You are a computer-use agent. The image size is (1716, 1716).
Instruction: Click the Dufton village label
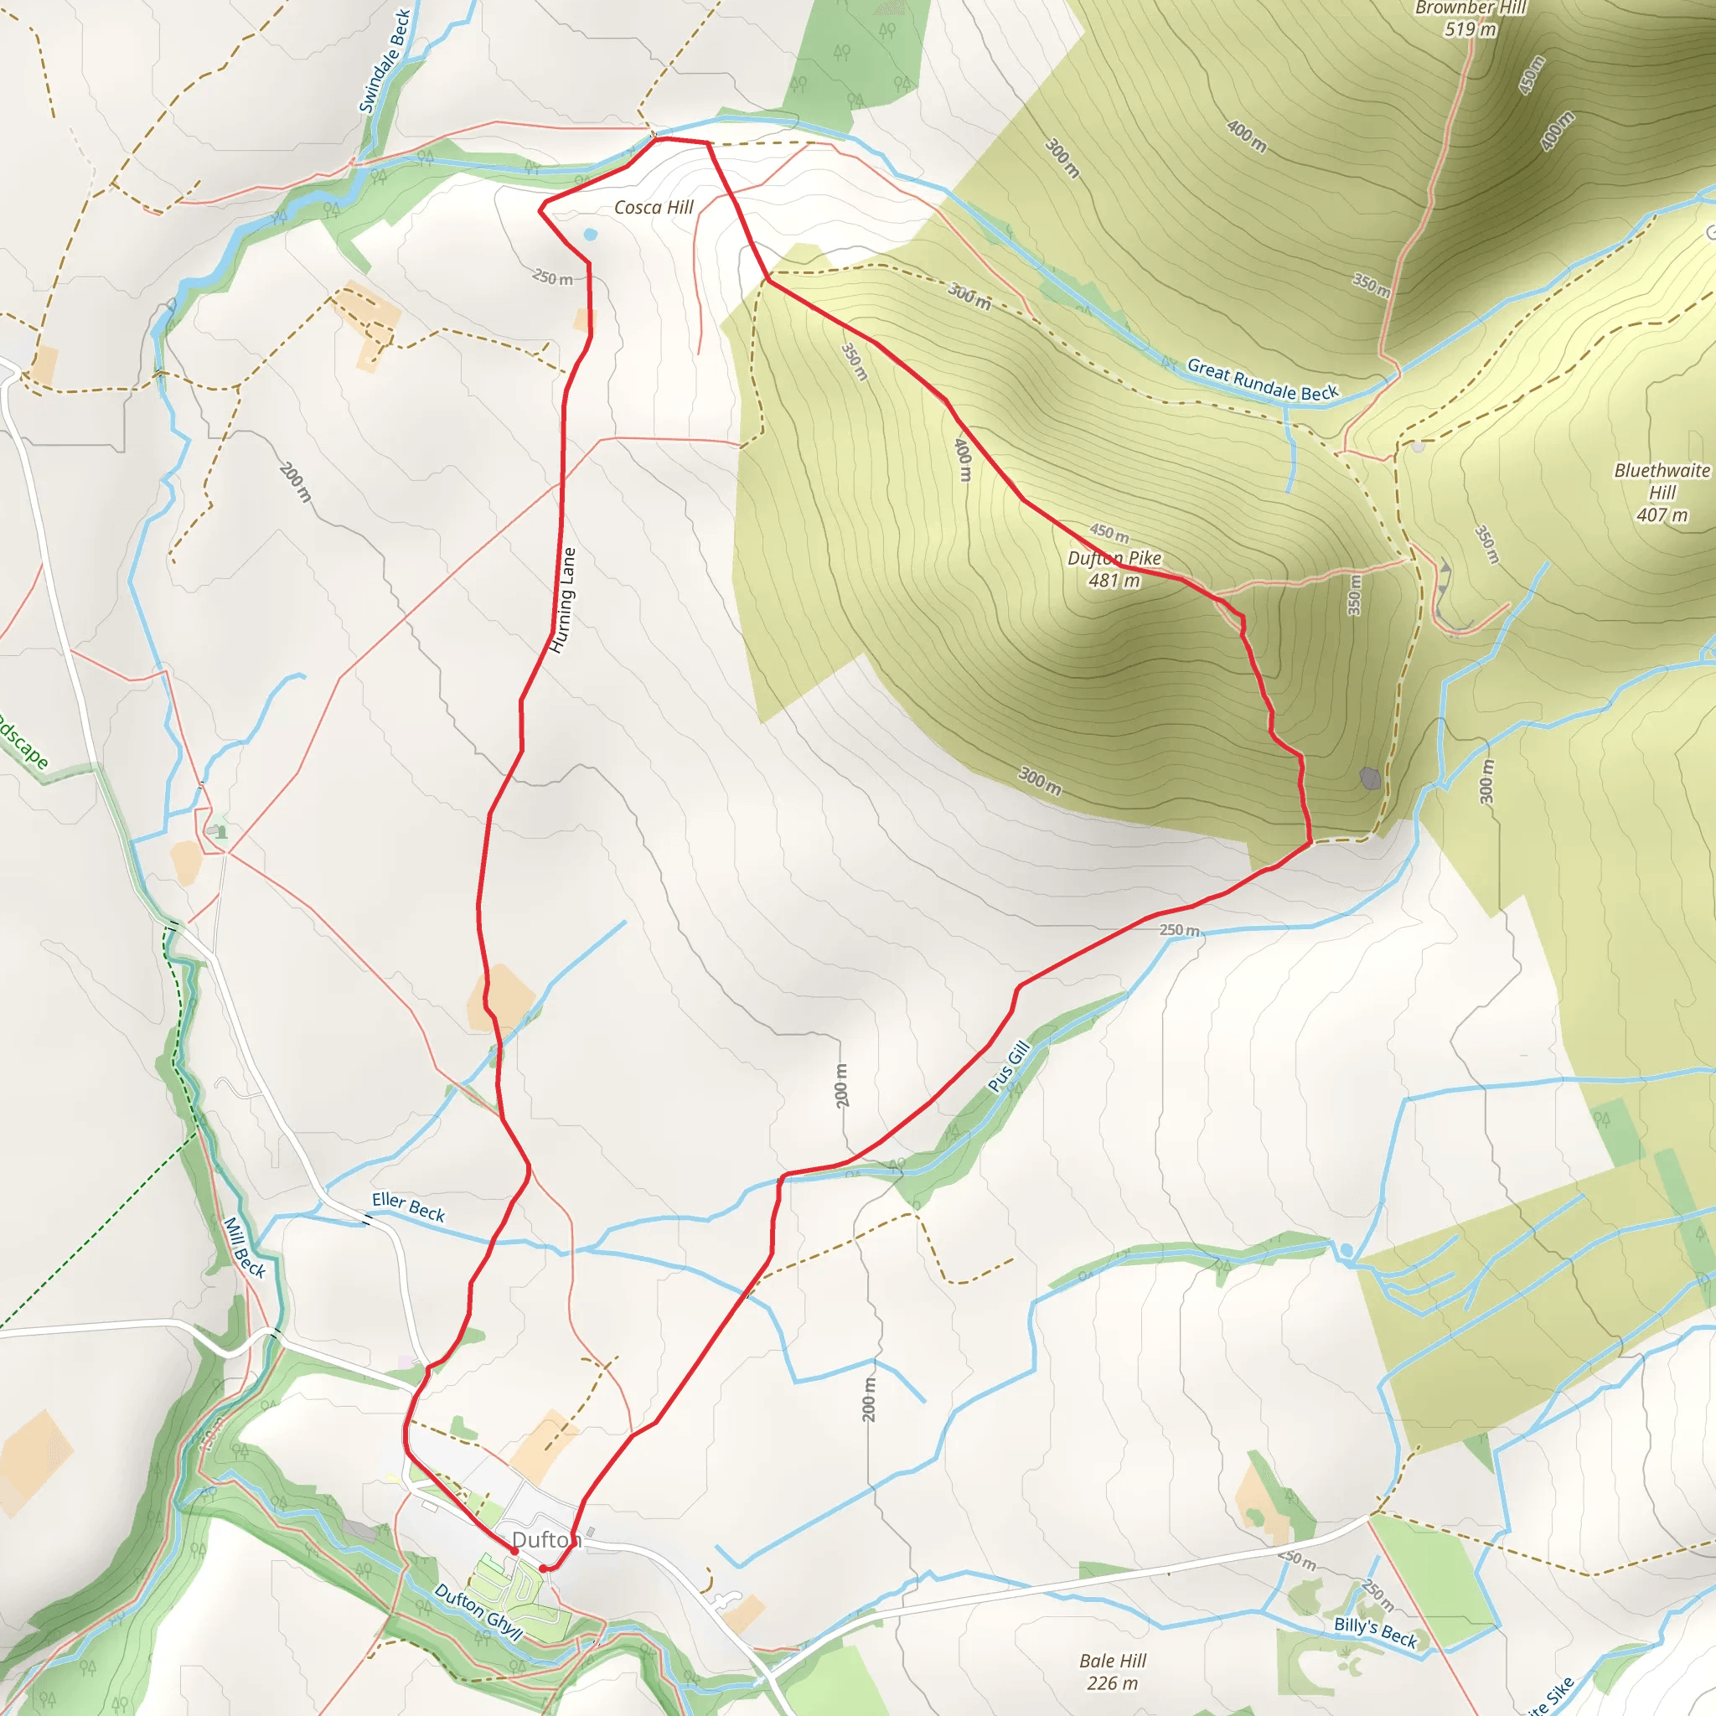click(545, 1539)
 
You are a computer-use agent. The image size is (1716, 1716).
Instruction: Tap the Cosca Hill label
click(654, 207)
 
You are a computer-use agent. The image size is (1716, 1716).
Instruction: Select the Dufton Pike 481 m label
click(1114, 569)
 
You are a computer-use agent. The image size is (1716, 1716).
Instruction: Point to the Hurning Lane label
click(563, 601)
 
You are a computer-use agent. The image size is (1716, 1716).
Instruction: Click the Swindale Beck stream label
click(385, 61)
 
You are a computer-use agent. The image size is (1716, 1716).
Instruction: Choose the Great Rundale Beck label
click(1262, 380)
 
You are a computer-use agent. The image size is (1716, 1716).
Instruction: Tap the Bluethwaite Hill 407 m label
click(1661, 492)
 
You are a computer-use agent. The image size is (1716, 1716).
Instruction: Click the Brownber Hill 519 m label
click(1470, 18)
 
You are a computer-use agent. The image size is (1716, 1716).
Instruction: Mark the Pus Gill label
click(1009, 1066)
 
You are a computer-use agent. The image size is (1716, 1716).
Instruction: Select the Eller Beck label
click(409, 1207)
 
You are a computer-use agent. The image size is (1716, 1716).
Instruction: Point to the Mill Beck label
click(245, 1247)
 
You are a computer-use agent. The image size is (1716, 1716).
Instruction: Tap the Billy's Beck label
click(1375, 1631)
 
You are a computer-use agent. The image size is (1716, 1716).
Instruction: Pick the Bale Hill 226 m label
click(1113, 1672)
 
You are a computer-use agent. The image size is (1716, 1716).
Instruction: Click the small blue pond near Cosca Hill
click(591, 235)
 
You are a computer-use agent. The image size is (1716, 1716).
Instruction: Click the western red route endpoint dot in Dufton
click(514, 1551)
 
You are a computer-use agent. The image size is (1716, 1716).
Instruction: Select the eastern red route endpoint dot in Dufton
click(543, 1569)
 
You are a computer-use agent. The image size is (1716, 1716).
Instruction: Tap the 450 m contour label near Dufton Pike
click(1109, 534)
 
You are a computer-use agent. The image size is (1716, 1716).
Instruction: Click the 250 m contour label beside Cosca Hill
click(552, 278)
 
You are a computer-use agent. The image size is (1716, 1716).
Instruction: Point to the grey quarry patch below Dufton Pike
click(1371, 779)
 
